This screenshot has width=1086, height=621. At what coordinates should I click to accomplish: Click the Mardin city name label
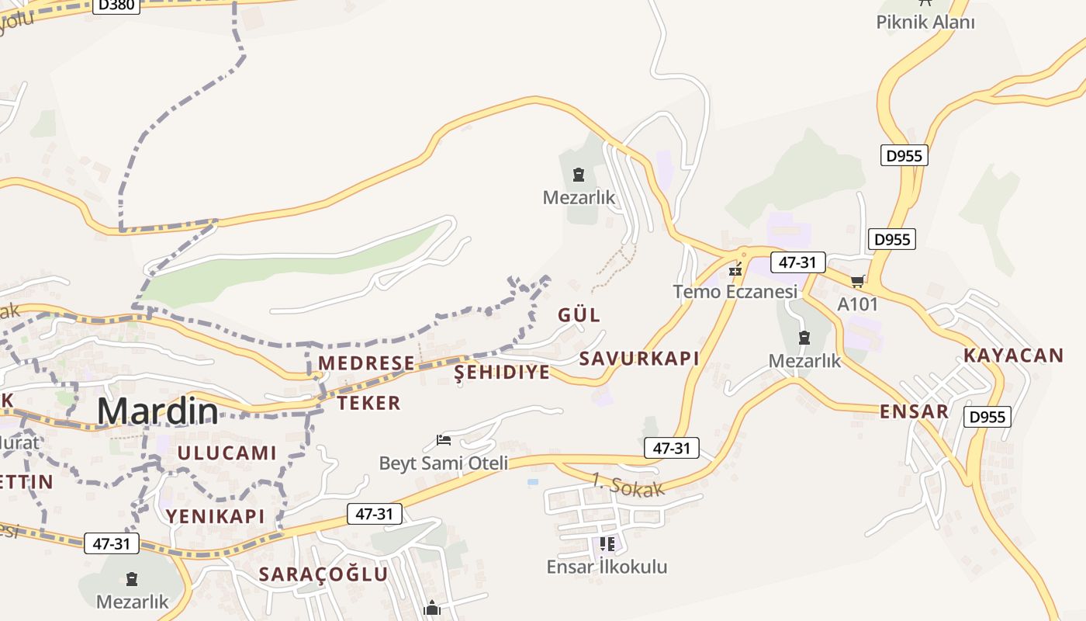(157, 411)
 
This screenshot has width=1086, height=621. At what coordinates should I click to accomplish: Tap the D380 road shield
(117, 5)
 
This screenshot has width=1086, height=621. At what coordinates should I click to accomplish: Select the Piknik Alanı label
(925, 22)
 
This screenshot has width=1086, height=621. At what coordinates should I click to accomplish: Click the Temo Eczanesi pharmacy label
(735, 292)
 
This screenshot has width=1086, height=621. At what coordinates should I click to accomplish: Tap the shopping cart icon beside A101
(857, 281)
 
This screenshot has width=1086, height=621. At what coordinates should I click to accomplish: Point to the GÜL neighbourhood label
(579, 315)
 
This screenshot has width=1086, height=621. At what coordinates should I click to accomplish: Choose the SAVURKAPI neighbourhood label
(639, 359)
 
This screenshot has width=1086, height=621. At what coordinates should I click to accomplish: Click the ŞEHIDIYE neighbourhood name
(502, 373)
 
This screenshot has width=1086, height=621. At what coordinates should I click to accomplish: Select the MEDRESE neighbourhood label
(366, 363)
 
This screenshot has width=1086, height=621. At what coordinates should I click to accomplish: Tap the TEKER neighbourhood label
(368, 403)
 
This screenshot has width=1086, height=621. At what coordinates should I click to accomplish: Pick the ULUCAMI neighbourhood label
(227, 453)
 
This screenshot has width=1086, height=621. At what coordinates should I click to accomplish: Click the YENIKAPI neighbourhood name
(215, 516)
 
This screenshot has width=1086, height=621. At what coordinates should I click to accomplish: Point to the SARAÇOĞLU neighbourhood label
(323, 574)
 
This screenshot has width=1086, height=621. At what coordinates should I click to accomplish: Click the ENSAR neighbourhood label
(914, 411)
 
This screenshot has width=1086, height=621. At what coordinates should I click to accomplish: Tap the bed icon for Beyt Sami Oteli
(444, 441)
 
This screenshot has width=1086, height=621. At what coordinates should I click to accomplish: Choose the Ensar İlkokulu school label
(607, 567)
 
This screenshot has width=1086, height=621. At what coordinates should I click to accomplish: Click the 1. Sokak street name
(628, 485)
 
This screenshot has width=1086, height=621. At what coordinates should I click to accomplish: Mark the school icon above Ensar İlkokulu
(607, 544)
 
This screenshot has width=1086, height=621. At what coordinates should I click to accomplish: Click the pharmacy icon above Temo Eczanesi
(735, 270)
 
